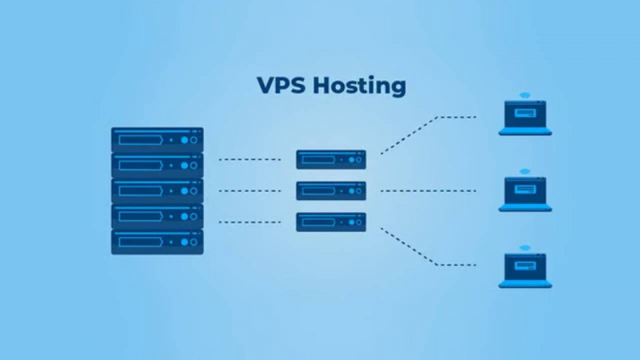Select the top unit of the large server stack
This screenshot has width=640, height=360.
(157, 140)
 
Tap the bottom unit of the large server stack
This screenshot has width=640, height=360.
(157, 242)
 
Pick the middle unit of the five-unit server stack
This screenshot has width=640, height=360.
(157, 190)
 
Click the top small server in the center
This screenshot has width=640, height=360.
(331, 159)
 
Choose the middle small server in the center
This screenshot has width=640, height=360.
(331, 190)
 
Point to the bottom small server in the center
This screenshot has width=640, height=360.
(331, 222)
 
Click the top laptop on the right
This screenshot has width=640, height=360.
(525, 118)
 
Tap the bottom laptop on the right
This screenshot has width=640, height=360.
(525, 270)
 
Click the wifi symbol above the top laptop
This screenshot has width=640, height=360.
(525, 95)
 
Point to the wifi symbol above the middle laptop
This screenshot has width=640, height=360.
(525, 171)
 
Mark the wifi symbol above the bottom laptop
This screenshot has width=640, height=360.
(525, 248)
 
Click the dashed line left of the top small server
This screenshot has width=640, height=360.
(250, 159)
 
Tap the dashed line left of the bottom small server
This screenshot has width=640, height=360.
(250, 222)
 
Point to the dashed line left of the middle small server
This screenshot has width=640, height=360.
(250, 190)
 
